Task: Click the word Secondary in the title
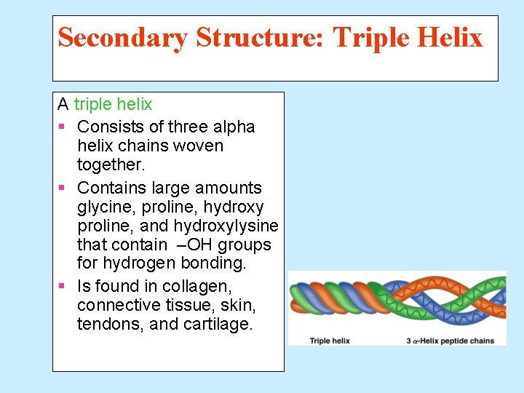coord(122,37)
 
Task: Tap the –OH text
coord(192,245)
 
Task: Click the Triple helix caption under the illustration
coord(330,341)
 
